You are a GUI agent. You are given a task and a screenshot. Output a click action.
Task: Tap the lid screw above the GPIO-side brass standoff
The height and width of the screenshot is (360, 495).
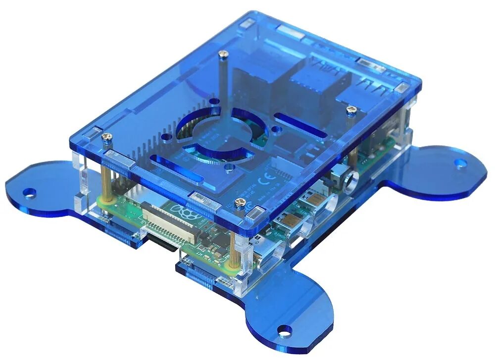[105, 136]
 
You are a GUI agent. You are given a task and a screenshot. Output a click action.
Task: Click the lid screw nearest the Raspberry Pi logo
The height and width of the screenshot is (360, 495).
[241, 202]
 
